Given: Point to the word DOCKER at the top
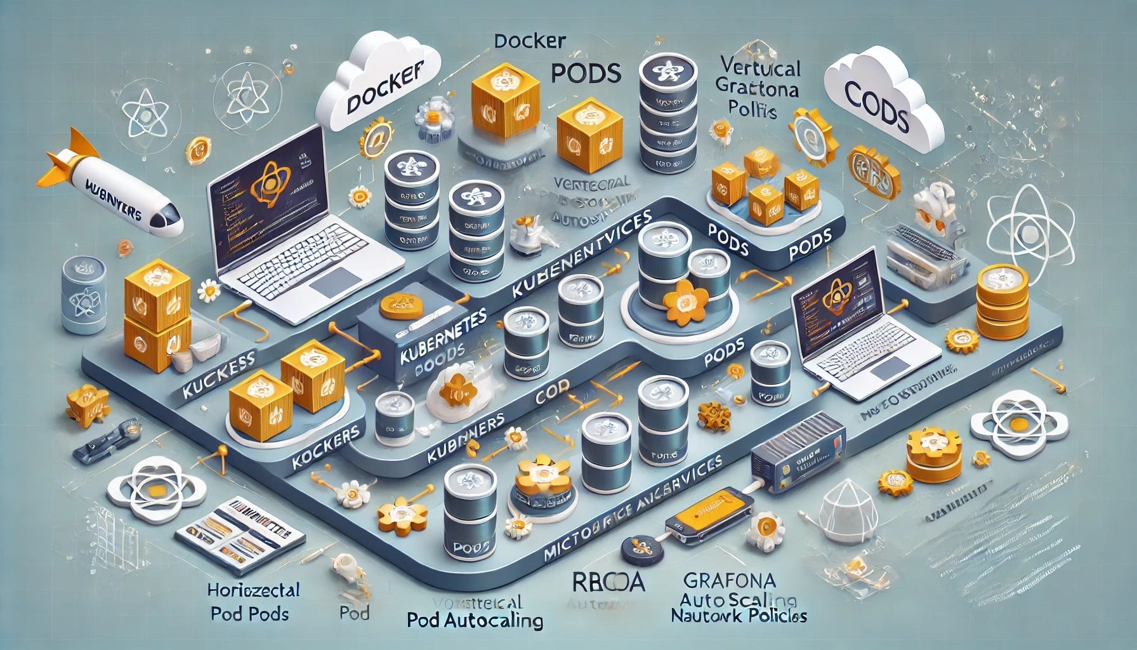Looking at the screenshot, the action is [529, 42].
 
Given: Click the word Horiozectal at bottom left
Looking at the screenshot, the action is [253, 590].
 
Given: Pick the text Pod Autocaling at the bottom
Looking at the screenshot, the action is [475, 620].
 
